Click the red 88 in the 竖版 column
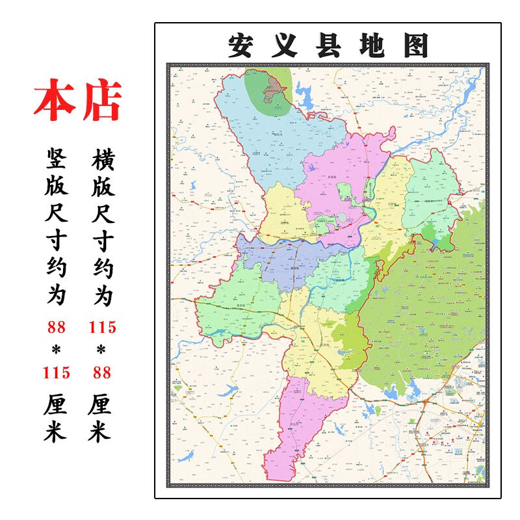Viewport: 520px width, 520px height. point(57,327)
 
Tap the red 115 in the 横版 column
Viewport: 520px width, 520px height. point(103,327)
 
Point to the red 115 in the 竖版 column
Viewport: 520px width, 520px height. point(57,372)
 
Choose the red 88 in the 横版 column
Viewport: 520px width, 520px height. point(103,372)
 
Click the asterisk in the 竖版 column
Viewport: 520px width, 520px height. point(57,350)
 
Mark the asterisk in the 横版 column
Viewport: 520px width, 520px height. point(103,350)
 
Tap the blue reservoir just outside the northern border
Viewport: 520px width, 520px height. point(304,97)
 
